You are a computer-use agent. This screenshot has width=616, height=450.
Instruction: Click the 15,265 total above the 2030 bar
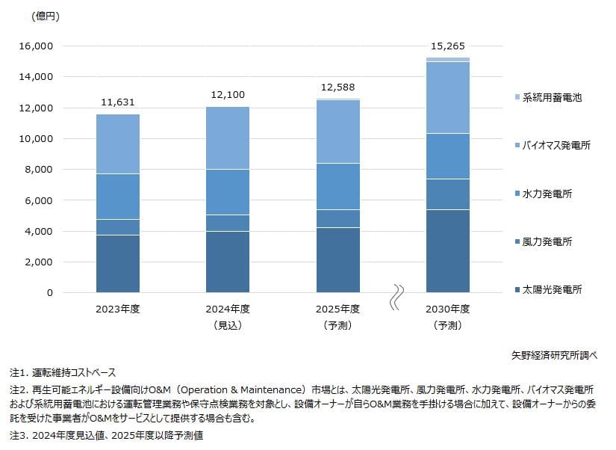click(448, 46)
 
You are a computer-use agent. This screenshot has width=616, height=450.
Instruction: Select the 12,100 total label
click(228, 95)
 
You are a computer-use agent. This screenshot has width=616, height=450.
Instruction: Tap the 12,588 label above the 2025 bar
click(337, 87)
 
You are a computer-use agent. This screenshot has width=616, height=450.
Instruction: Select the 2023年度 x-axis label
click(118, 308)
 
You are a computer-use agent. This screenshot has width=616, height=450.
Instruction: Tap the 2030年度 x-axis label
click(447, 308)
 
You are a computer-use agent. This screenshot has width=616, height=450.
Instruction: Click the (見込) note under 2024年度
click(228, 325)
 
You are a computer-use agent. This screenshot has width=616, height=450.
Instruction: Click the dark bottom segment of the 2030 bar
click(447, 250)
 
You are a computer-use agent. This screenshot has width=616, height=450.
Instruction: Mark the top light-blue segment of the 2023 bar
click(118, 144)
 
